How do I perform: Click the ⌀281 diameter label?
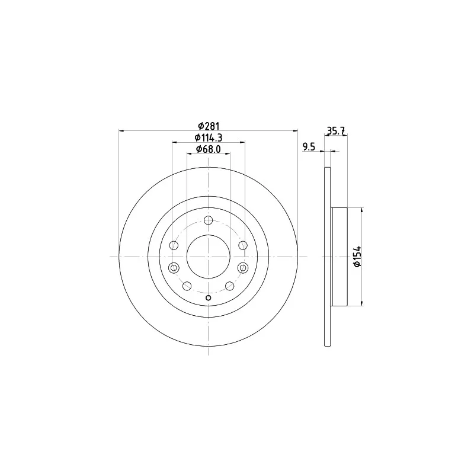click(x=209, y=126)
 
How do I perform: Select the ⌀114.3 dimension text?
click(x=209, y=137)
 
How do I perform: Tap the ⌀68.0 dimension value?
click(x=209, y=149)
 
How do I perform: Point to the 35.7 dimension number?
click(x=336, y=131)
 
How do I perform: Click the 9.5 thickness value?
click(x=309, y=147)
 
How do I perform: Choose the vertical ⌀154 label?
click(x=357, y=257)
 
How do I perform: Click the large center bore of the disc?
click(x=209, y=257)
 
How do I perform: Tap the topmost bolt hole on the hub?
click(x=209, y=220)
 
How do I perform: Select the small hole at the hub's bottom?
click(x=209, y=298)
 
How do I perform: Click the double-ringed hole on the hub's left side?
click(x=174, y=268)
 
